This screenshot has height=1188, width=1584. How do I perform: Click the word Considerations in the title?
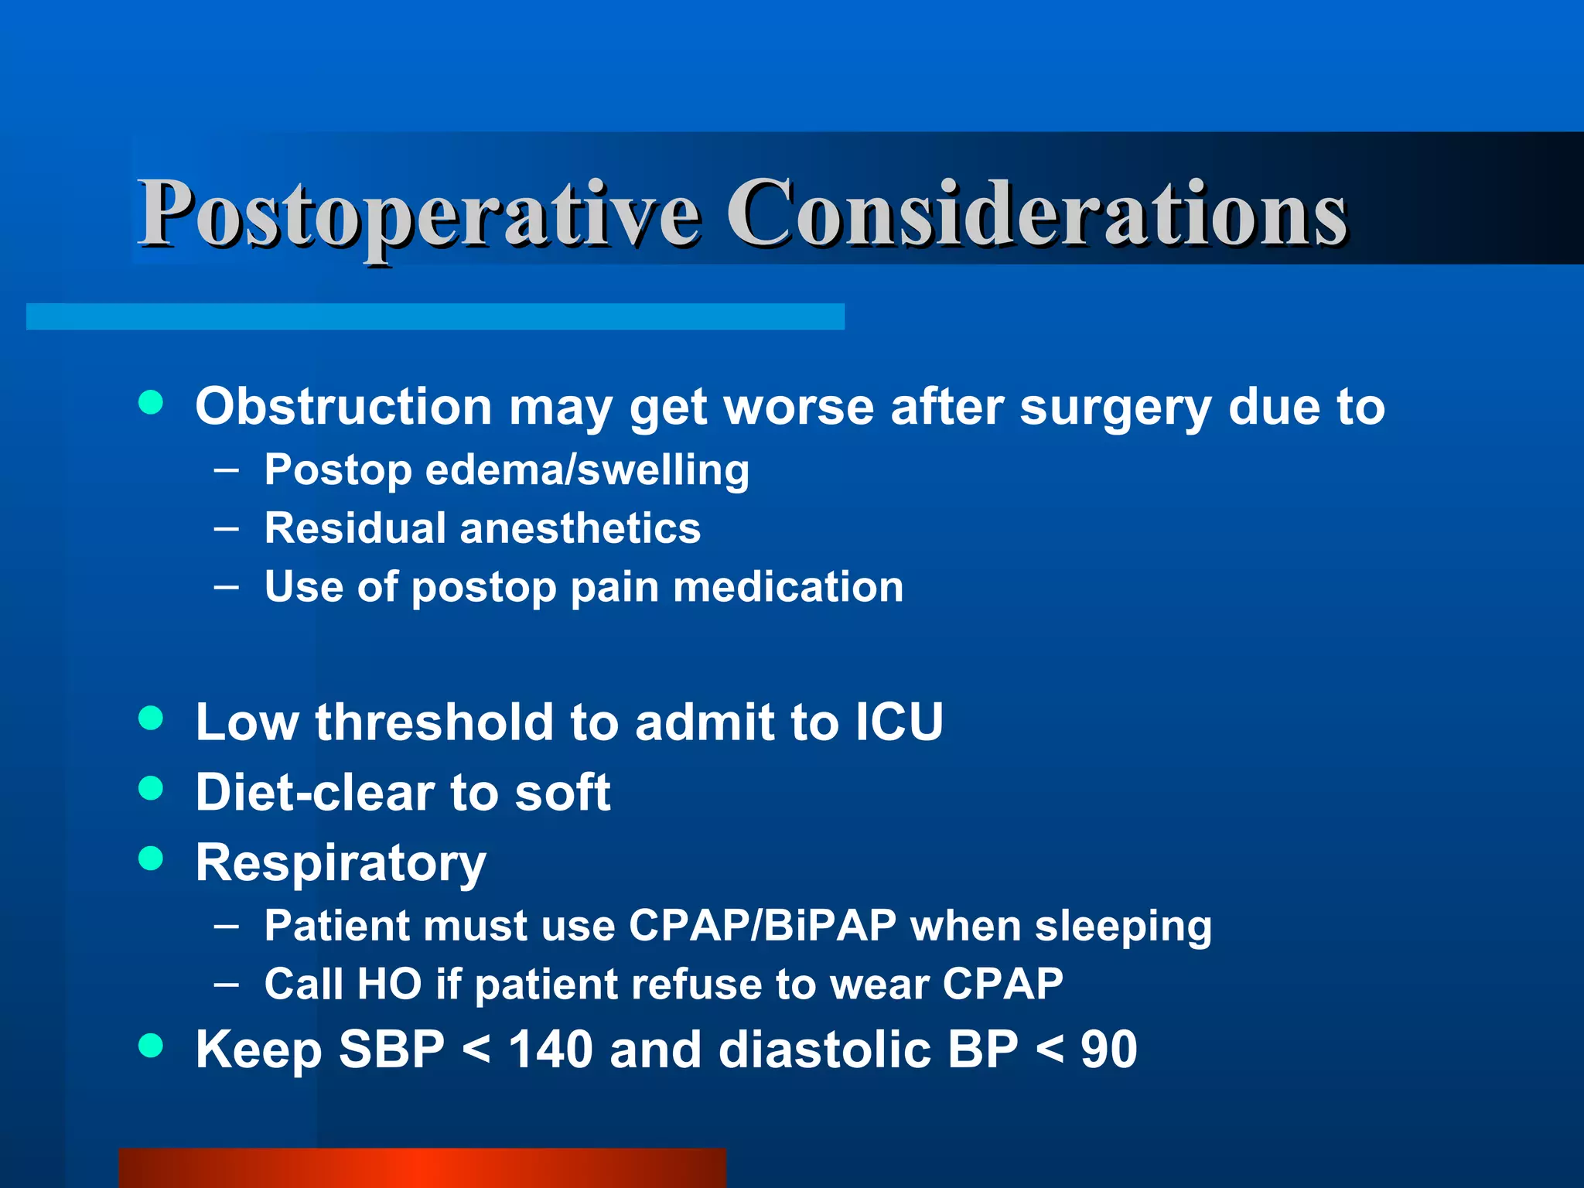pos(1036,213)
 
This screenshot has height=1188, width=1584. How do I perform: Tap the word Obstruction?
pos(343,406)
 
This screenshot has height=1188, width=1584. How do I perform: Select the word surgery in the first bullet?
pos(1115,408)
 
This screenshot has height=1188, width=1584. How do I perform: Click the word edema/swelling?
pos(587,470)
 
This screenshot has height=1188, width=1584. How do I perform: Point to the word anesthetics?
pos(580,528)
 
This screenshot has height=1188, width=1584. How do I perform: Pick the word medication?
pos(788,587)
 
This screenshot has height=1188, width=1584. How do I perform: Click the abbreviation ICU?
pos(899,722)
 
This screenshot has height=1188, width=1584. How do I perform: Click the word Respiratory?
pos(340,863)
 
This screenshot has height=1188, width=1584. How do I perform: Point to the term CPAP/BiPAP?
pos(763,925)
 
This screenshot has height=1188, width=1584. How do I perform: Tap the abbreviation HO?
pos(390,984)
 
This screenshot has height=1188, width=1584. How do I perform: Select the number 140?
pos(550,1050)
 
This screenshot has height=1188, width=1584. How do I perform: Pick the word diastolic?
pos(824,1050)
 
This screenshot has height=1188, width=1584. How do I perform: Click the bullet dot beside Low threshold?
pos(151,717)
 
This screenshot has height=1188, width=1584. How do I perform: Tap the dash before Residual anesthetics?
pos(227,528)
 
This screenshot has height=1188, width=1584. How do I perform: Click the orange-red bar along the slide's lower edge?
pos(422,1168)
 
